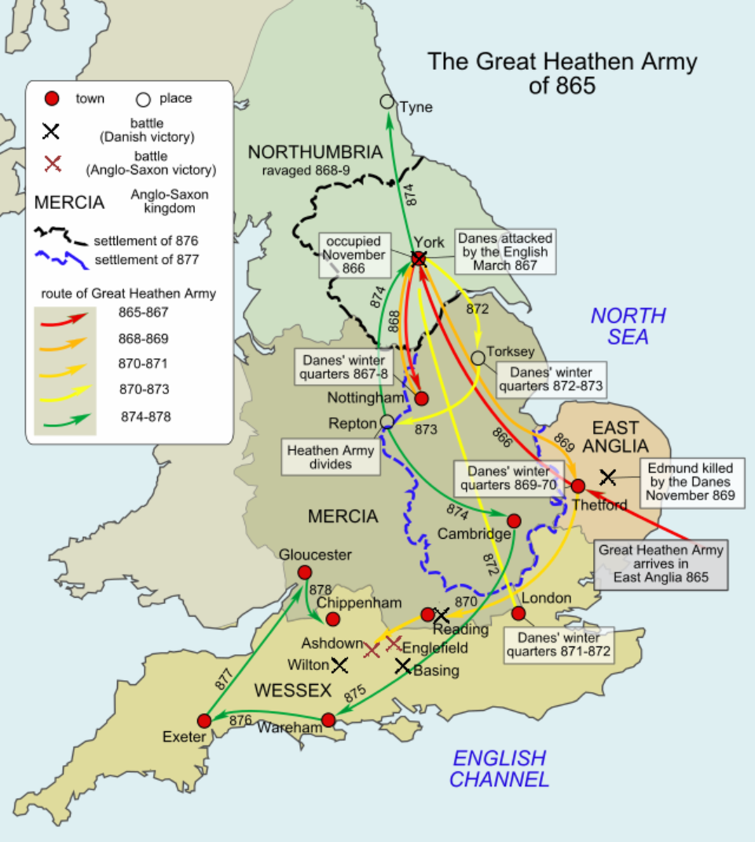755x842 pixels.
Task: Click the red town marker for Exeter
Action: pyautogui.click(x=204, y=721)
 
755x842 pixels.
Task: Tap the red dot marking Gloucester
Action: pyautogui.click(x=305, y=573)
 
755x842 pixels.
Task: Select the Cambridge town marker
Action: pyautogui.click(x=514, y=521)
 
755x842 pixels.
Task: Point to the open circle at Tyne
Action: pyautogui.click(x=387, y=102)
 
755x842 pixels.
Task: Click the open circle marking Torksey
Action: pyautogui.click(x=478, y=358)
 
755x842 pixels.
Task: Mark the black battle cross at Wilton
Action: pyautogui.click(x=340, y=664)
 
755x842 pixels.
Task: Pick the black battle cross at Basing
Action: pyautogui.click(x=402, y=666)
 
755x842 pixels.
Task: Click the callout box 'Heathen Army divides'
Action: pyautogui.click(x=330, y=457)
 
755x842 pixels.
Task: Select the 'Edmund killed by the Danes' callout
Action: pyautogui.click(x=690, y=481)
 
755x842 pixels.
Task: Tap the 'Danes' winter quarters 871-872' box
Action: pyautogui.click(x=559, y=644)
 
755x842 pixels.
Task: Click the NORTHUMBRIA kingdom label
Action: pyautogui.click(x=315, y=152)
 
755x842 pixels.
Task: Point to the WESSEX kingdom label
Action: pyautogui.click(x=293, y=690)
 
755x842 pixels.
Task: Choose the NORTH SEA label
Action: pyautogui.click(x=628, y=326)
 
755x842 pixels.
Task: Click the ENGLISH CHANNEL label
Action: pyautogui.click(x=499, y=768)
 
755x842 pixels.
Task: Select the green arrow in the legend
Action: pyautogui.click(x=66, y=420)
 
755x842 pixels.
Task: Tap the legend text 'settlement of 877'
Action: pyautogui.click(x=147, y=260)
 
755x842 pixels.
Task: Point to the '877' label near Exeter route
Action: pyautogui.click(x=224, y=679)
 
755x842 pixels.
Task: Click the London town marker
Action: pyautogui.click(x=519, y=613)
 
